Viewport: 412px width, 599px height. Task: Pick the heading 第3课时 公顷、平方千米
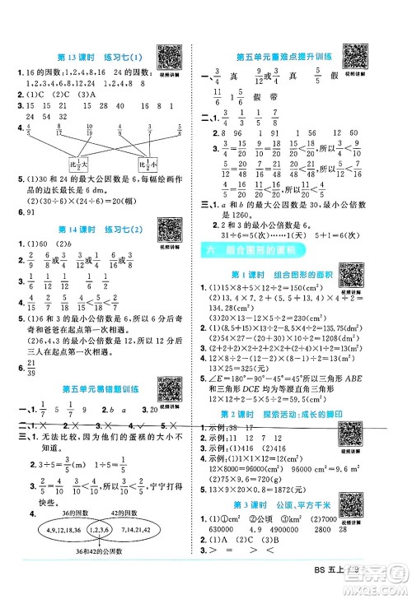(284, 515)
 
